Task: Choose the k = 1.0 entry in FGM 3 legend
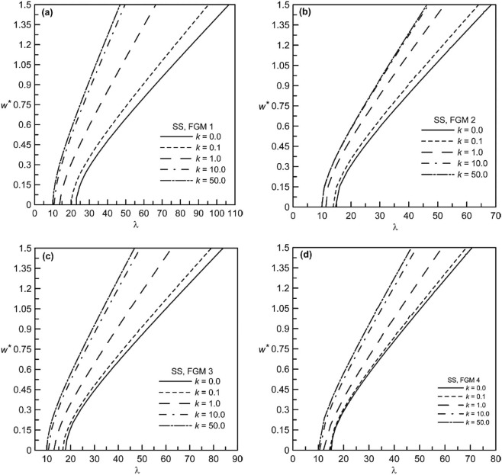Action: [197, 400]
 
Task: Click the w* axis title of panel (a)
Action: [8, 104]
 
